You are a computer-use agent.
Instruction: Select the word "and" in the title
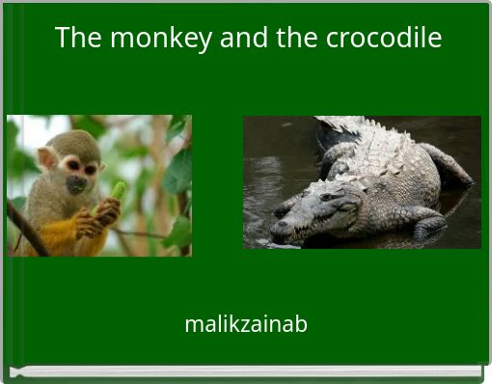pyautogui.click(x=241, y=38)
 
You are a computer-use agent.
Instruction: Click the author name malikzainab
pyautogui.click(x=246, y=324)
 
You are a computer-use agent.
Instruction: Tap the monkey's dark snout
pyautogui.click(x=75, y=183)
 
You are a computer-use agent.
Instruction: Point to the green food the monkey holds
pyautogui.click(x=118, y=190)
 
